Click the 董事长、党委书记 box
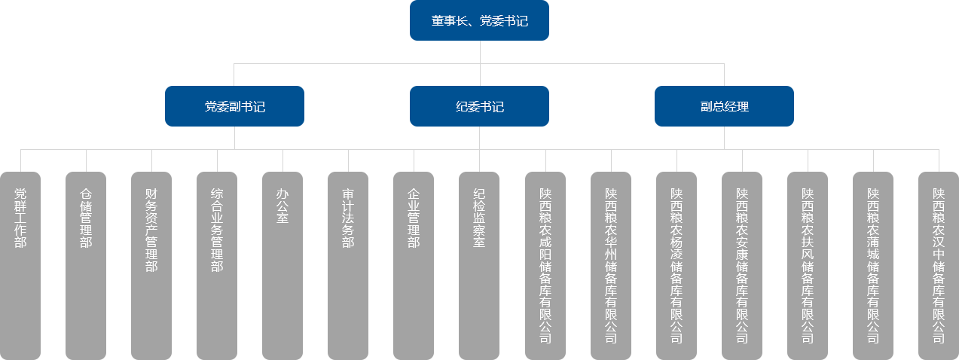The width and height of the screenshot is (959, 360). (479, 20)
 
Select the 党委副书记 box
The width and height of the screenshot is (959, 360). (234, 105)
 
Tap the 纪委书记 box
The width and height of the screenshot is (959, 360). (479, 105)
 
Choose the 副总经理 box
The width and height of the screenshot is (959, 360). (723, 105)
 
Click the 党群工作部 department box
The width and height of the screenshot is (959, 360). (20, 264)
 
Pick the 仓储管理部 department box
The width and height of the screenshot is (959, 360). (85, 264)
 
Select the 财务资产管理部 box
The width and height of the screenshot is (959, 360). (151, 264)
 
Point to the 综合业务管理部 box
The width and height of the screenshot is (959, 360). (217, 264)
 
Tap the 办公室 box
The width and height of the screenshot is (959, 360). (283, 264)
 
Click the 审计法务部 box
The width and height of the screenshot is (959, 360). (347, 264)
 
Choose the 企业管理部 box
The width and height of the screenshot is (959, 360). (413, 264)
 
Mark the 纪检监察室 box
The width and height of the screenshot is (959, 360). (479, 264)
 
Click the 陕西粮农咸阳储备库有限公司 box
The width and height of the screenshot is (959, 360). (545, 264)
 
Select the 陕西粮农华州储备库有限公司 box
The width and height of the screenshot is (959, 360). (610, 264)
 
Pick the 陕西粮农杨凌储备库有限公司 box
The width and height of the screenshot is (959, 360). (676, 264)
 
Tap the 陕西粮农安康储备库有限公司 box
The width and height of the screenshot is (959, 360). (741, 264)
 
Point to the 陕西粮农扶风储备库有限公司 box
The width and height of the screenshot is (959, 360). (807, 264)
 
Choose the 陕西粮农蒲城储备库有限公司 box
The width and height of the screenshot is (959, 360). (872, 264)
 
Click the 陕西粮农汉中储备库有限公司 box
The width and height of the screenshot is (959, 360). (938, 264)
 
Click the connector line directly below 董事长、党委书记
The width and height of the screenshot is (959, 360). (480, 51)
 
